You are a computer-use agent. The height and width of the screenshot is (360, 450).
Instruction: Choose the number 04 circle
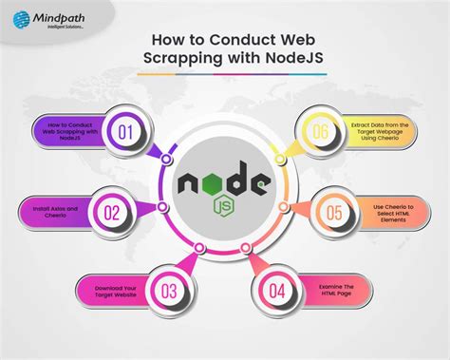[276, 292]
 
